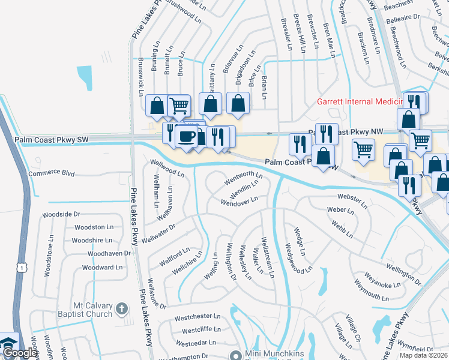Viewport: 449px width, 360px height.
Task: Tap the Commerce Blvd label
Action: tap(52, 173)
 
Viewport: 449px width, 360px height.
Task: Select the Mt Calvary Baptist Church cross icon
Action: tap(122, 309)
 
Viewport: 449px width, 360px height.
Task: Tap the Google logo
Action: tap(19, 353)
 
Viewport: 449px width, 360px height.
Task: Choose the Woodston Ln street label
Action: tap(93, 227)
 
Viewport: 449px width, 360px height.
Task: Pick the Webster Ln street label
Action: tap(352, 201)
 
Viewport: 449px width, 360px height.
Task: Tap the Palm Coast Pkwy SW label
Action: tap(52, 140)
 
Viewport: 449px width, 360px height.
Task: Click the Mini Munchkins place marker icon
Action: tap(238, 355)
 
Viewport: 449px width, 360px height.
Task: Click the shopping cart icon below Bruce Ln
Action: tap(179, 107)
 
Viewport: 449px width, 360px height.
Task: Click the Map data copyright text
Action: tap(423, 355)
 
